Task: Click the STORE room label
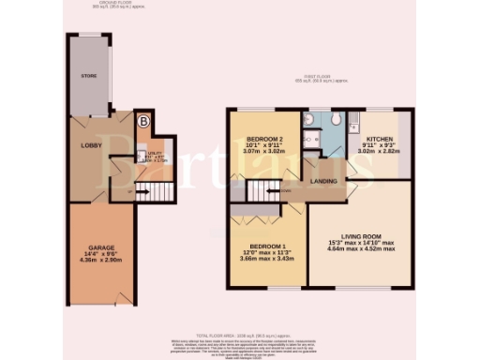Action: tap(89, 75)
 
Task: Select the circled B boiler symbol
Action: tap(142, 121)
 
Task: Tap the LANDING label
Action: tap(324, 182)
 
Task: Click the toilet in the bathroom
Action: tap(311, 136)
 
